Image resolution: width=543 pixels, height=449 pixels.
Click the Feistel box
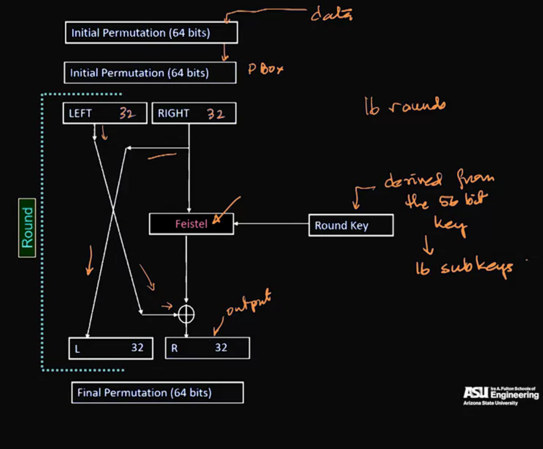(191, 224)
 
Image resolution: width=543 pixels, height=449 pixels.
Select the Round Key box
(351, 225)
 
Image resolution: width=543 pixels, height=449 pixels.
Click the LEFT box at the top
(104, 113)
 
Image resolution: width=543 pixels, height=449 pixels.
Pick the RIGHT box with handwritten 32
(194, 113)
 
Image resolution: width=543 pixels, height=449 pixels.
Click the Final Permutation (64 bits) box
(157, 392)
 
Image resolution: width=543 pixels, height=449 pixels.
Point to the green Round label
(27, 228)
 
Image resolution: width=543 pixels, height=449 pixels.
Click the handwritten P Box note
(265, 69)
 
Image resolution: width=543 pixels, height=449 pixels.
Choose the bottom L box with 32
(111, 348)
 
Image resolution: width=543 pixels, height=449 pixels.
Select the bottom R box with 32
(207, 348)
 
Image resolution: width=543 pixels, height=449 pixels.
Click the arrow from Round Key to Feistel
(271, 224)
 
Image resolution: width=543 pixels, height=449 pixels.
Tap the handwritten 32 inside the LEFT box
(126, 114)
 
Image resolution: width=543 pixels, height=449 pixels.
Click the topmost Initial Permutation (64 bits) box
(151, 33)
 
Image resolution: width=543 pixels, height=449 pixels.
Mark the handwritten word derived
(413, 181)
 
